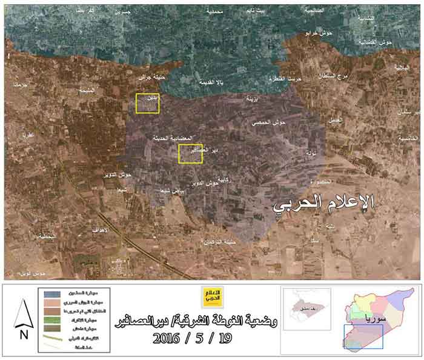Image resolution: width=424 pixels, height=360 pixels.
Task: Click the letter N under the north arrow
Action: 23,333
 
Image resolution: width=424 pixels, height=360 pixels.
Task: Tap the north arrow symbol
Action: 23,312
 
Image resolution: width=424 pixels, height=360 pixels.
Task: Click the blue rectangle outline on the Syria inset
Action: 363,337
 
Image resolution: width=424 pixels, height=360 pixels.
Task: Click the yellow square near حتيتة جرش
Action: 147,103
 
